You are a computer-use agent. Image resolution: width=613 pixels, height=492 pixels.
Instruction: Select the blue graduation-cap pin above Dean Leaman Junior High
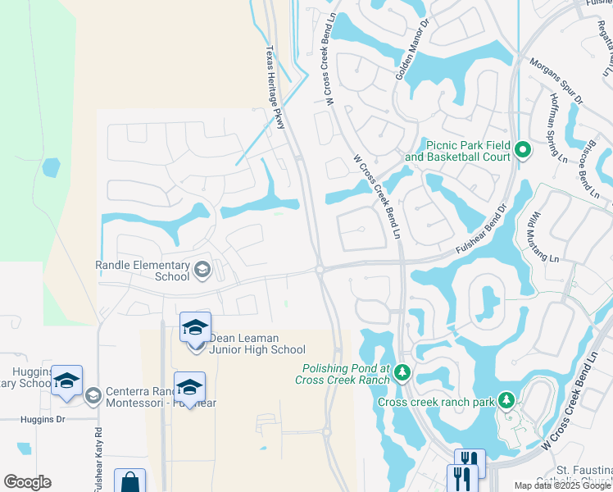click(195, 328)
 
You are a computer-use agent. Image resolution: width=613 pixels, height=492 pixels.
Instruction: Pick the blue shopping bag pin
click(129, 482)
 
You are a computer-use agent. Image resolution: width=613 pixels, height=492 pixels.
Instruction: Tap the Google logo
click(27, 482)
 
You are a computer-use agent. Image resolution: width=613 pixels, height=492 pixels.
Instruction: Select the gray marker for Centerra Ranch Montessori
click(93, 396)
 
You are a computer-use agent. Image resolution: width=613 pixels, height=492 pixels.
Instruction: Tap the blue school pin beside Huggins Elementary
click(66, 380)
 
